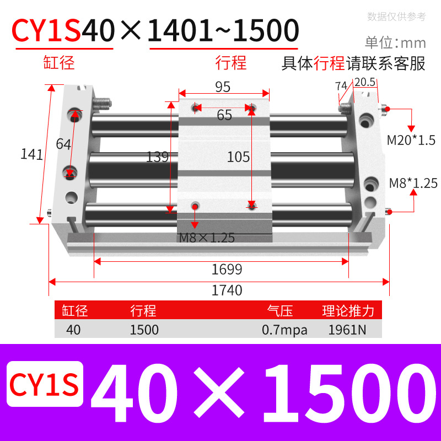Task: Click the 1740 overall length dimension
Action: (227, 290)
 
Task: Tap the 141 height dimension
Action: (31, 154)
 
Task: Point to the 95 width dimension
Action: (223, 87)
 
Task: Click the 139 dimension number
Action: (157, 157)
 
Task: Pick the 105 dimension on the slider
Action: (239, 157)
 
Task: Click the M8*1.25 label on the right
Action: (413, 182)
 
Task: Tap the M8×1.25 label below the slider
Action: (207, 238)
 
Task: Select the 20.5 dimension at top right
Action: (364, 82)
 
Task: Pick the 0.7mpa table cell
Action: (285, 330)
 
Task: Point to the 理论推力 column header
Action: (348, 311)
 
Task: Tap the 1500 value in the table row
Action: (144, 330)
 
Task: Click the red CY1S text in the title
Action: (47, 31)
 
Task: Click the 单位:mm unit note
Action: (396, 42)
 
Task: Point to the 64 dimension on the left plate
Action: (63, 144)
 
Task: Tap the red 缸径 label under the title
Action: (59, 62)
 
